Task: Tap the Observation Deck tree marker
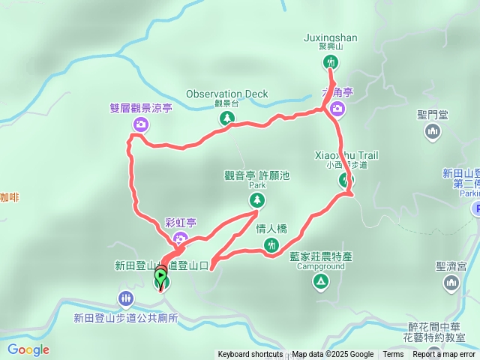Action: [x=226, y=118]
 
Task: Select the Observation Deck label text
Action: [x=226, y=94]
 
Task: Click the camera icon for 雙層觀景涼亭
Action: [x=140, y=124]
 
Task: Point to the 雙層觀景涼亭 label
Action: [x=141, y=108]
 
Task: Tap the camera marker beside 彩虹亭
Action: [x=180, y=238]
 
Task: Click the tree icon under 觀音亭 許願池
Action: [x=257, y=199]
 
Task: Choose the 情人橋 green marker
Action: [x=271, y=244]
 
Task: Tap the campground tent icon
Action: [x=320, y=281]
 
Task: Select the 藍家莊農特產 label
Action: [x=321, y=256]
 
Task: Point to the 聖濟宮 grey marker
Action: [x=451, y=282]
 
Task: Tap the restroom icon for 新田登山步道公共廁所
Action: [x=125, y=298]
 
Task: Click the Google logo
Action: [x=28, y=349]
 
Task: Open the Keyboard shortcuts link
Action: [x=250, y=355]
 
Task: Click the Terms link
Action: [x=393, y=355]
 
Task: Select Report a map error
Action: [x=445, y=355]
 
